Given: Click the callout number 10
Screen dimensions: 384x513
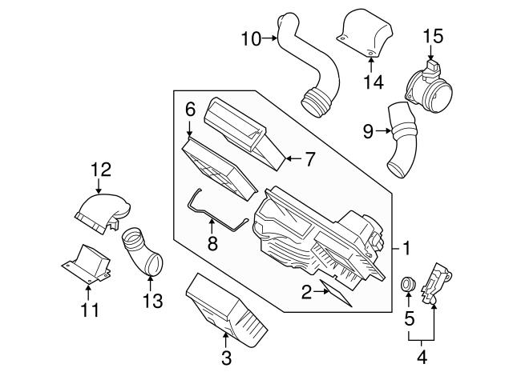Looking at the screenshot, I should [x=251, y=38].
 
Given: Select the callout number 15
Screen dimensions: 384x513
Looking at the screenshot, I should [x=433, y=36].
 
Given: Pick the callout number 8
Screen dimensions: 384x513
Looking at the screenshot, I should [x=212, y=243].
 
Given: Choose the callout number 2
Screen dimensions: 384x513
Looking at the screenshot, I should [x=305, y=293].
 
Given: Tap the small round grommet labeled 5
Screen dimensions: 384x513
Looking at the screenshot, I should [x=406, y=284].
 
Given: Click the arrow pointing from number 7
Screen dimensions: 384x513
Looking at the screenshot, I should [x=286, y=159].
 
